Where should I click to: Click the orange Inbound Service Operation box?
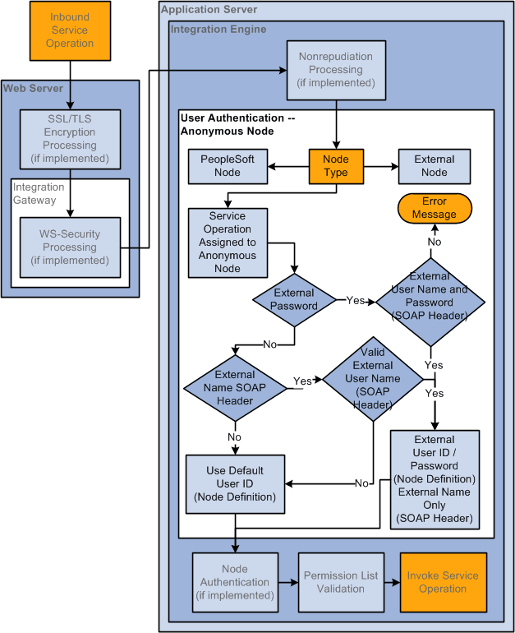coord(70,30)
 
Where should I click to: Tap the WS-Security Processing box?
coord(70,247)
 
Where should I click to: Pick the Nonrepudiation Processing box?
coord(335,70)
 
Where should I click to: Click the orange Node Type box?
coord(335,165)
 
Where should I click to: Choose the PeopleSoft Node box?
coord(228,165)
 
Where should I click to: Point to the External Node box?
coord(435,165)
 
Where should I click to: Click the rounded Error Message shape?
coord(435,208)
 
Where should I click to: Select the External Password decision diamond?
coord(294,299)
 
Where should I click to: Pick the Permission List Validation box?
coord(340,582)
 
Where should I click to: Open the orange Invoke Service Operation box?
coord(443,582)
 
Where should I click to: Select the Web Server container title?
coord(33,88)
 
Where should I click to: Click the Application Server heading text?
coord(209,10)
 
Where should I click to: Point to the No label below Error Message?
coord(435,242)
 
